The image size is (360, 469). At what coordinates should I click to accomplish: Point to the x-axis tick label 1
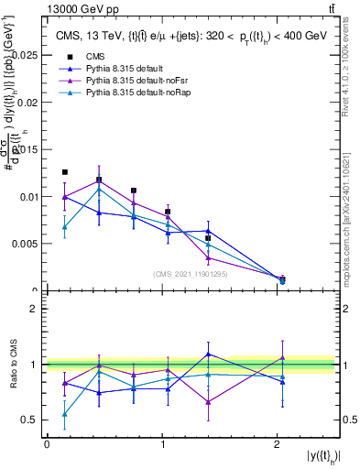162,443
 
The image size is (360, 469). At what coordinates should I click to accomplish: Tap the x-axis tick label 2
277,443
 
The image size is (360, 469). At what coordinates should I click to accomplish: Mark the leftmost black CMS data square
64,172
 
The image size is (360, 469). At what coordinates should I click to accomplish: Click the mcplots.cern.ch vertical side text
351,213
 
